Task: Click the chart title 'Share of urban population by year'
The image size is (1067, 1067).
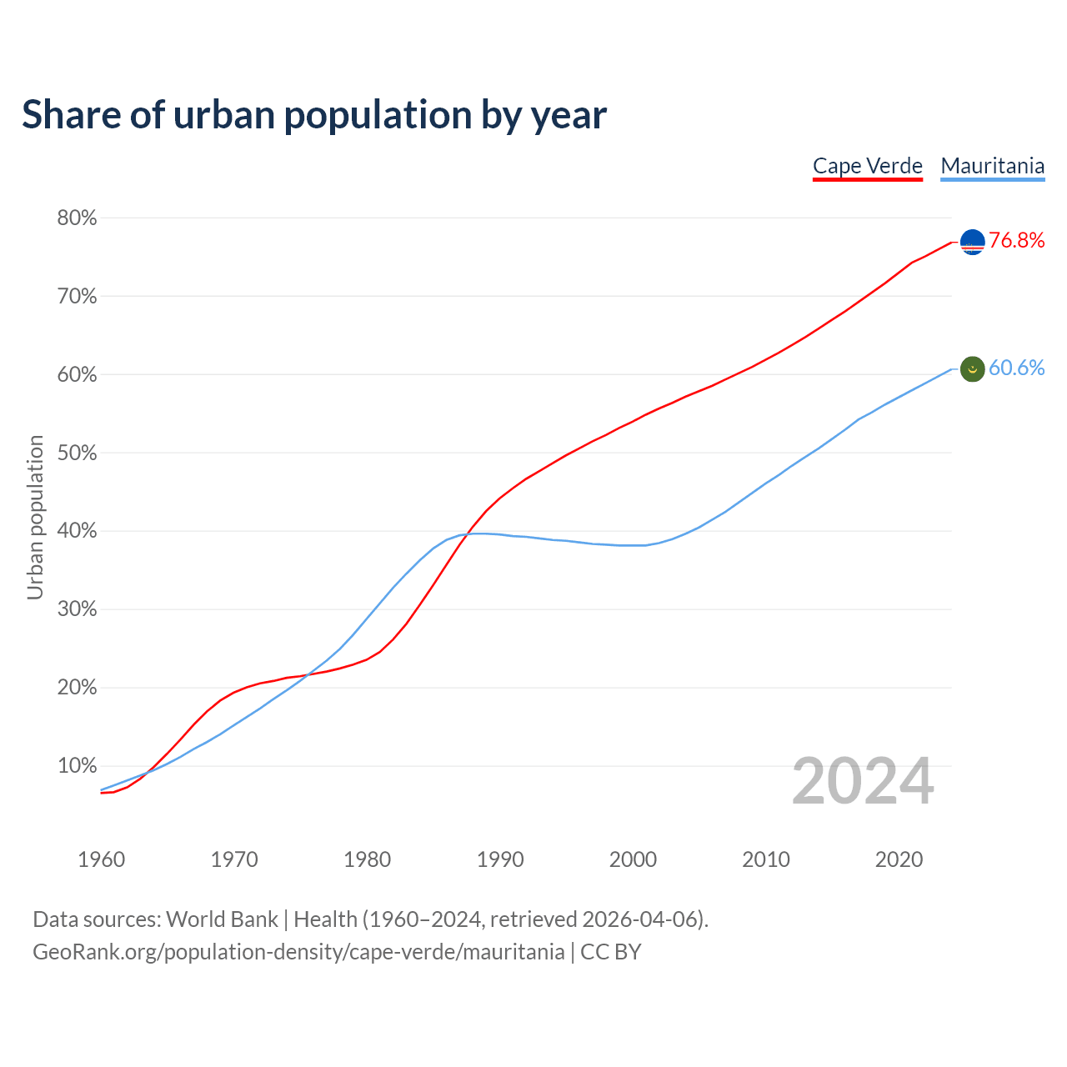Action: [x=314, y=115]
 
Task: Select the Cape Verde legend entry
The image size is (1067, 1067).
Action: [x=868, y=166]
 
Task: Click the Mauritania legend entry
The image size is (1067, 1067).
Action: [x=992, y=166]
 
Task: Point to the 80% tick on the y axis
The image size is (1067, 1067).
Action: [x=77, y=218]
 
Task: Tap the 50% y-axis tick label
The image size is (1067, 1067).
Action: [x=77, y=453]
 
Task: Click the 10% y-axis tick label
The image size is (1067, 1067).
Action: [x=77, y=766]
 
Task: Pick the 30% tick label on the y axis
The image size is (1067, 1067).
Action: [x=77, y=609]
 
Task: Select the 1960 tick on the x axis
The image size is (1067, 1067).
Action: [x=101, y=859]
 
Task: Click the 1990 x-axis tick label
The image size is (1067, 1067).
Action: [x=500, y=859]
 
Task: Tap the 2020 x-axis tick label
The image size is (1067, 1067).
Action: [x=899, y=859]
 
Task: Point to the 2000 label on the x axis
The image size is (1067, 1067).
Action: [x=633, y=859]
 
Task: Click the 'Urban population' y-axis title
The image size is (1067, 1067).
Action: [x=35, y=517]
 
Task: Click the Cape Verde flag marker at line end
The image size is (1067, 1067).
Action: [x=973, y=242]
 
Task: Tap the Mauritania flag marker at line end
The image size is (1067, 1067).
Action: [x=973, y=368]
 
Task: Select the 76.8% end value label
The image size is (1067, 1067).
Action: [x=1016, y=241]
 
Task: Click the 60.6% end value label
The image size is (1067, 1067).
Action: [x=1016, y=368]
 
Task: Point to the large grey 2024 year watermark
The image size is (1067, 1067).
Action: [x=863, y=782]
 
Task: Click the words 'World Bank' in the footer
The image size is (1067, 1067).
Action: [x=222, y=919]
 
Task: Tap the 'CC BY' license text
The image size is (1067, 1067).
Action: [x=611, y=952]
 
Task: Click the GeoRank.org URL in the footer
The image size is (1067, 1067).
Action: [x=298, y=952]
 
